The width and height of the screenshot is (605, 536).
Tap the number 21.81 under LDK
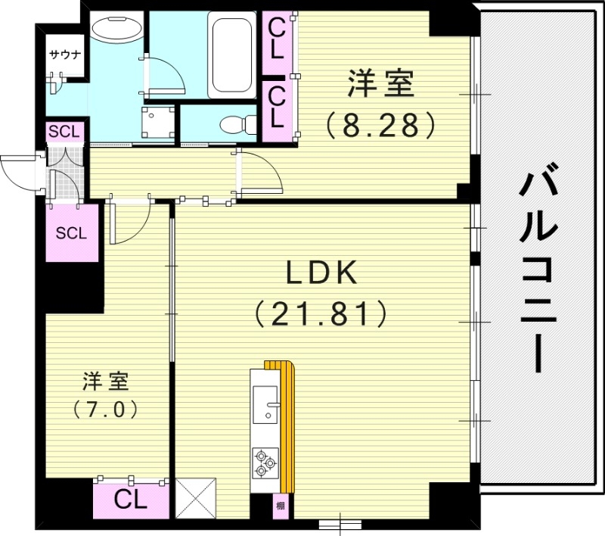[x=321, y=312]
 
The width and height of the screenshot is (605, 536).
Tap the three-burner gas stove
[x=265, y=462]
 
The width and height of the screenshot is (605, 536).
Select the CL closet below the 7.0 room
[x=131, y=499]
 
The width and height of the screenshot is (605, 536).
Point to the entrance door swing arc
[x=15, y=170]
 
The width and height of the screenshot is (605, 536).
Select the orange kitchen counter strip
[x=286, y=424]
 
